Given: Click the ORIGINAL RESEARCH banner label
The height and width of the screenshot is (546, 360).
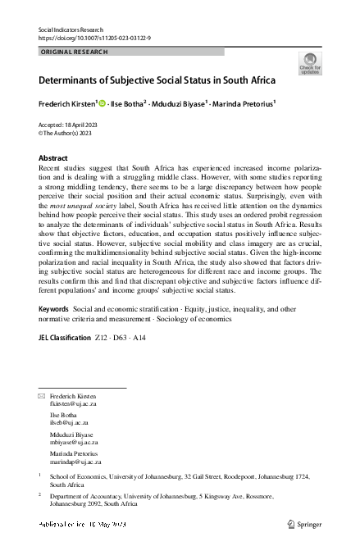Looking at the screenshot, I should click(74, 51).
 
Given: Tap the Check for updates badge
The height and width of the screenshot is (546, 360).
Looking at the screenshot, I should click(310, 63).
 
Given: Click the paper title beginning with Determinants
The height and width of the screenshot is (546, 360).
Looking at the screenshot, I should click(157, 80).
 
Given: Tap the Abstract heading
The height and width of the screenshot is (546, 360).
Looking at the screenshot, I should click(53, 157).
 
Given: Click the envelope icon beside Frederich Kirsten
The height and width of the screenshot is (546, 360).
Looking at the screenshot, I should click(43, 396).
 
